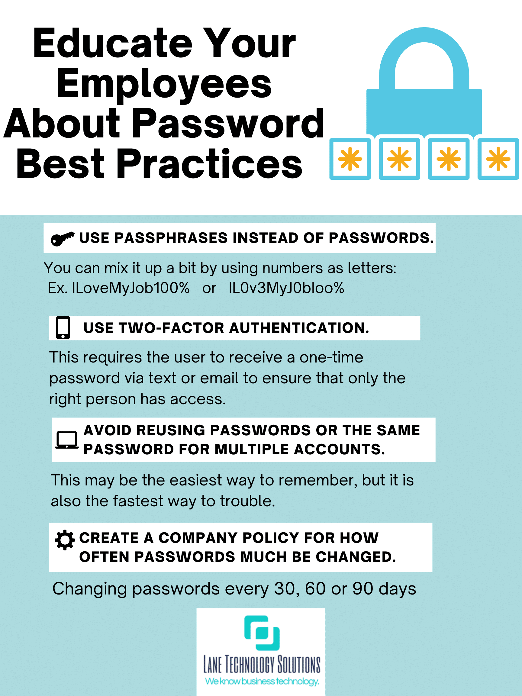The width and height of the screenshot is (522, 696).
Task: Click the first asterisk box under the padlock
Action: click(x=350, y=159)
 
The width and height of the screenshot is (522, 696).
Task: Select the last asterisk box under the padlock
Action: click(x=498, y=159)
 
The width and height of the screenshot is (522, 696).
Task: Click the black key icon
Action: click(x=63, y=239)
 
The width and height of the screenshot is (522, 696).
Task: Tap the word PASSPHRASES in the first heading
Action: click(x=171, y=238)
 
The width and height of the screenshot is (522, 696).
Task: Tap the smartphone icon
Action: click(x=63, y=327)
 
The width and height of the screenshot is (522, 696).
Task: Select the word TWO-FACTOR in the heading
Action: click(x=172, y=328)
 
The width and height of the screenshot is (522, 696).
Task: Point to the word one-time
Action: click(x=331, y=357)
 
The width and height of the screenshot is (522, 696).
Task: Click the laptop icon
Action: click(x=67, y=440)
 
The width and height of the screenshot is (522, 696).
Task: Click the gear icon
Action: click(x=65, y=540)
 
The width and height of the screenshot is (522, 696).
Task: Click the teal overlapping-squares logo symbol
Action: click(x=262, y=633)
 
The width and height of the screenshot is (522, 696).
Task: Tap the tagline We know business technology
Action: click(x=262, y=681)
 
